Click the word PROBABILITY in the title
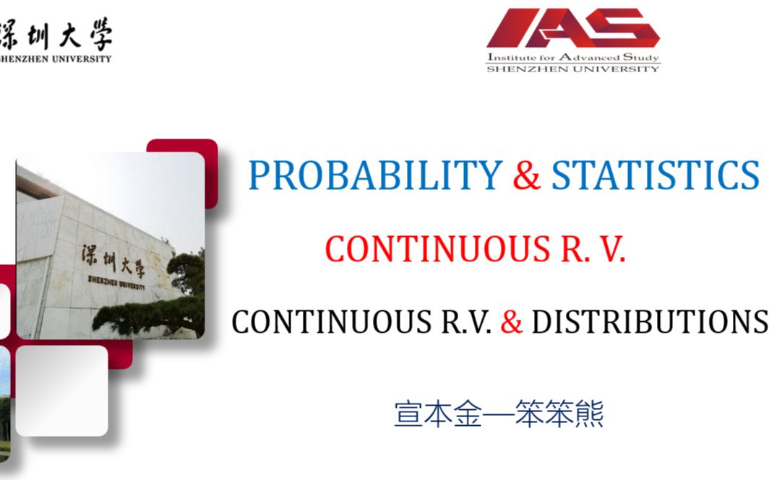tap(375, 175)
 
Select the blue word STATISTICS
tap(656, 175)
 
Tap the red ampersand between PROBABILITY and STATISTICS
tap(527, 175)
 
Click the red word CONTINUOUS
tap(437, 249)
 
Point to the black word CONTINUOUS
tap(332, 322)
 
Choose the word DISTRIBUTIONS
tap(650, 322)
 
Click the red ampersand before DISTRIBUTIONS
tap(512, 322)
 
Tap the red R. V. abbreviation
tap(593, 249)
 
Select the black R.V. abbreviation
tap(466, 322)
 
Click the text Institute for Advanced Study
tap(573, 57)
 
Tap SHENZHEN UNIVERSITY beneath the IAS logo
tap(573, 69)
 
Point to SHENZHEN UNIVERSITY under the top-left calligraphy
tap(56, 58)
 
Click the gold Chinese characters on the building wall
tap(113, 260)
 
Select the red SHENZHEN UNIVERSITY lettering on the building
tap(116, 282)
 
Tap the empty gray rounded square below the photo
tap(62, 391)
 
